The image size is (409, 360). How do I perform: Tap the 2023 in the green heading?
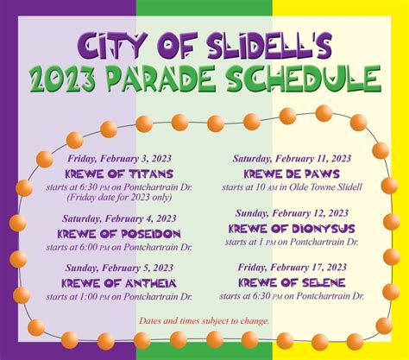point(63,79)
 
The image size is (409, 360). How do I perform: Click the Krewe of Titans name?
point(119,174)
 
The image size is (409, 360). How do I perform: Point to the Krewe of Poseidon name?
point(119,234)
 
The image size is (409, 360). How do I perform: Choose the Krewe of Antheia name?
point(119,283)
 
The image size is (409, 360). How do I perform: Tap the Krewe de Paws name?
point(292,174)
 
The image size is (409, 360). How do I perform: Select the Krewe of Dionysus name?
point(292,229)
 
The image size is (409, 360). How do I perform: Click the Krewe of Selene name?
point(292,283)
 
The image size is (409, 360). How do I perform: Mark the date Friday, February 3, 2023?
point(119,159)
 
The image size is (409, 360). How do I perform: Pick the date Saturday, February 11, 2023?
point(292,159)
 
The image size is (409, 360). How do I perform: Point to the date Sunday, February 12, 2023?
point(292,213)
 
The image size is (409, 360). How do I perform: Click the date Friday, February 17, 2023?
point(292,268)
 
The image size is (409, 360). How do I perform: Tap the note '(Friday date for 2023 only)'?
point(119,198)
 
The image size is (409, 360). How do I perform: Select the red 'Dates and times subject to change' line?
point(204,321)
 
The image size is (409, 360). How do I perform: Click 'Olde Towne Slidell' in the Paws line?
point(325,187)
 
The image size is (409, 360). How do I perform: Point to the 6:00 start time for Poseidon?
point(91,247)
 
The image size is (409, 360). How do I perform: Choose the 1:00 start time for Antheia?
point(91,297)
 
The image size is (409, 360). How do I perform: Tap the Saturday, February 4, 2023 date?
point(119,218)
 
